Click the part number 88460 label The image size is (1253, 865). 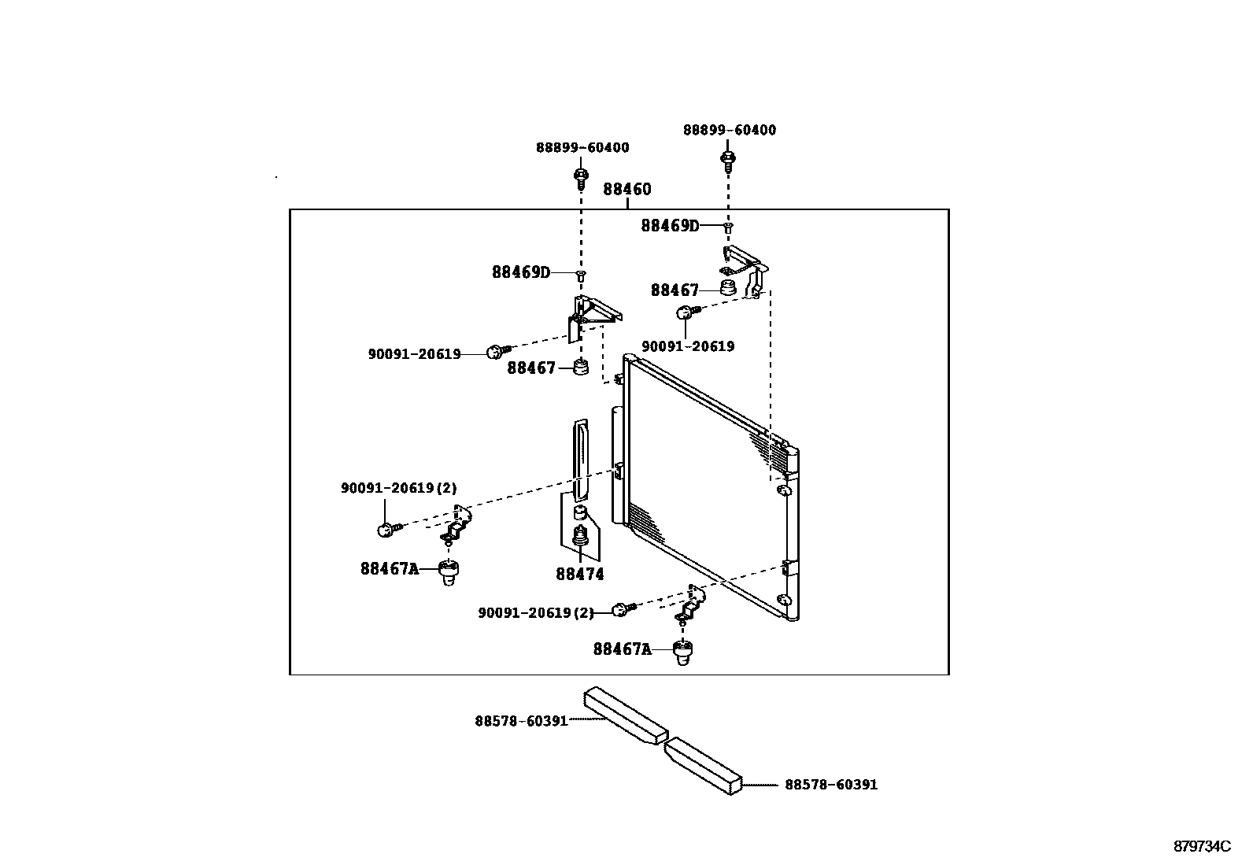pyautogui.click(x=627, y=190)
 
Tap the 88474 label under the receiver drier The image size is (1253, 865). pyautogui.click(x=580, y=575)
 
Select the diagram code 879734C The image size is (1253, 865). pyautogui.click(x=1201, y=847)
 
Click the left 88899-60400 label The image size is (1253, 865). pyautogui.click(x=582, y=147)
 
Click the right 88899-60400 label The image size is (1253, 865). pyautogui.click(x=729, y=130)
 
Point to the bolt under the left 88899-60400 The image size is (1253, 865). pyautogui.click(x=581, y=178)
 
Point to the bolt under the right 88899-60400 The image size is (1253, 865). pyautogui.click(x=727, y=161)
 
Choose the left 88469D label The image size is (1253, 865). pyautogui.click(x=520, y=272)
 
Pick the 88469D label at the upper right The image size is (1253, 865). pyautogui.click(x=669, y=226)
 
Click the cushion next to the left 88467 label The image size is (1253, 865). pyautogui.click(x=581, y=368)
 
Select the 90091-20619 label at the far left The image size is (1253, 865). pyautogui.click(x=414, y=354)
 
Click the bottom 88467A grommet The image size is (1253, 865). pyautogui.click(x=683, y=652)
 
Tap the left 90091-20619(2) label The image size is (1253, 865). pyautogui.click(x=398, y=488)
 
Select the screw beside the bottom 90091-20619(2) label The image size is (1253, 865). pyautogui.click(x=623, y=609)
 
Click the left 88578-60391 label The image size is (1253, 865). pyautogui.click(x=521, y=720)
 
